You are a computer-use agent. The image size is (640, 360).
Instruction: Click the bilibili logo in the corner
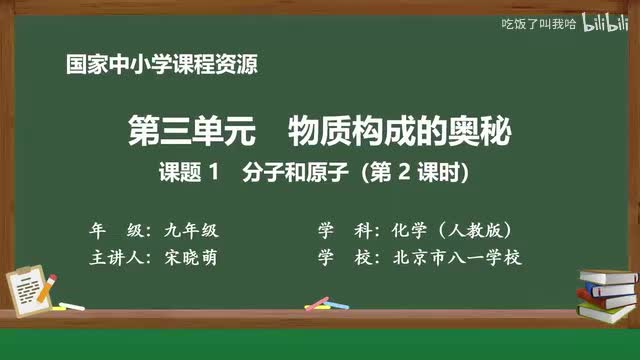[601, 22]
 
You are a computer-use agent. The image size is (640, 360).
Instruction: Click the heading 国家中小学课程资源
[160, 67]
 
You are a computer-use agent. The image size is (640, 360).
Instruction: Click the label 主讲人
[118, 258]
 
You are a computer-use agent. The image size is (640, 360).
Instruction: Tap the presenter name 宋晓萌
[191, 258]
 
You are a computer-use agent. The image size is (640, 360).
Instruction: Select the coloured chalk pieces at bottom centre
[317, 302]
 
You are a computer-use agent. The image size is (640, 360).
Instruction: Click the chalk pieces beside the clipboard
[70, 305]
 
